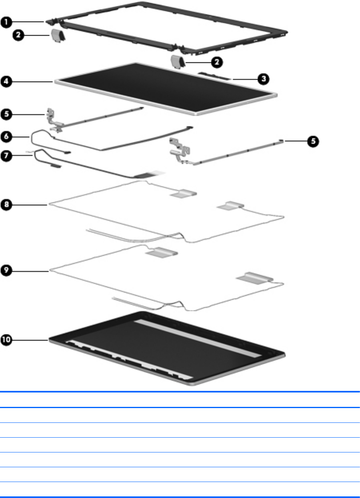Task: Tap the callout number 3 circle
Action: pyautogui.click(x=263, y=79)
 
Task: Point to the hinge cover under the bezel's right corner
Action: pyautogui.click(x=177, y=61)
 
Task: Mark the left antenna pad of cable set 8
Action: pyautogui.click(x=183, y=193)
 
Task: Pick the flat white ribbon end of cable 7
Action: pyautogui.click(x=152, y=175)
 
